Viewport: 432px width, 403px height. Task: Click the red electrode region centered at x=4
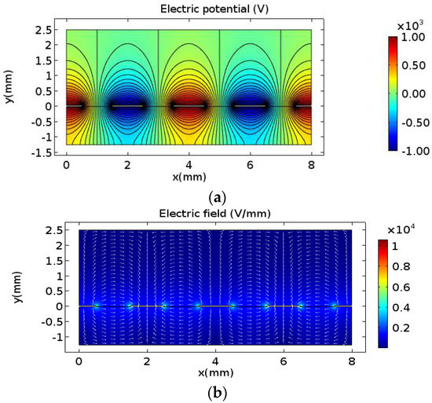tap(189, 106)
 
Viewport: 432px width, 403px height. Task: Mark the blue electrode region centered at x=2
tap(127, 106)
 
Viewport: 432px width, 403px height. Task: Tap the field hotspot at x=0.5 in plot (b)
tap(96, 306)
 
